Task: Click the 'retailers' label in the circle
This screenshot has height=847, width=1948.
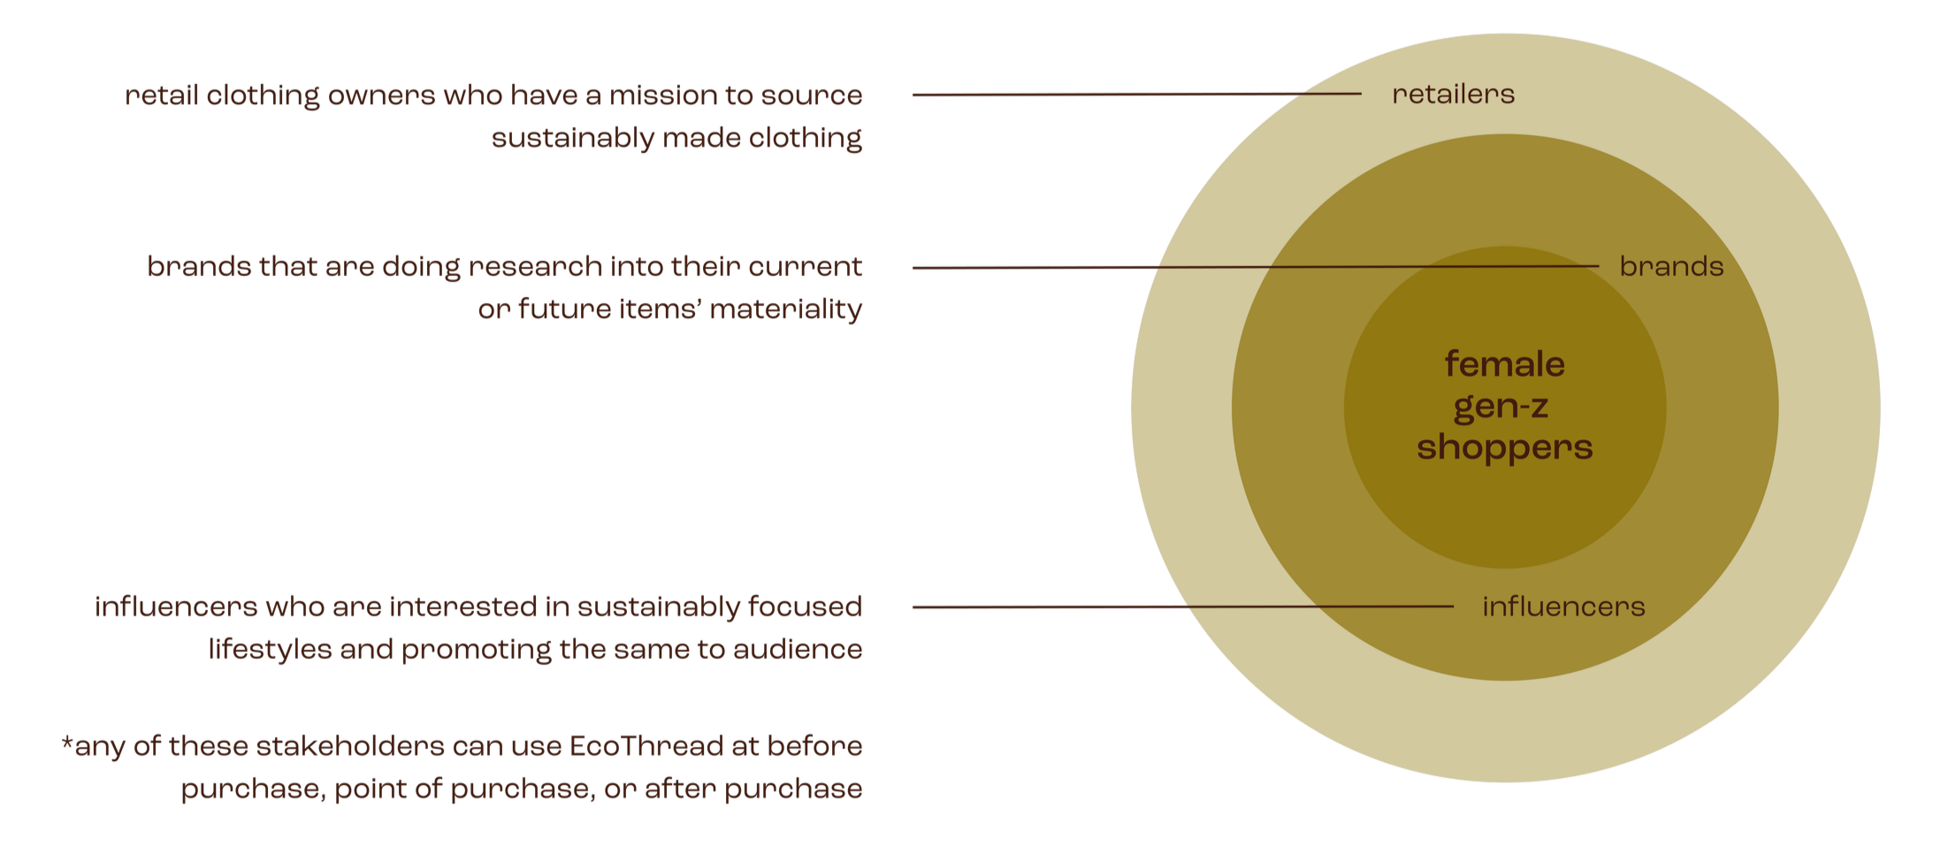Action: pyautogui.click(x=1453, y=95)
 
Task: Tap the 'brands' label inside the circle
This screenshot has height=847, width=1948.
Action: pyautogui.click(x=1671, y=267)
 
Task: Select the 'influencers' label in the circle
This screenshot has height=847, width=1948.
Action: pyautogui.click(x=1563, y=607)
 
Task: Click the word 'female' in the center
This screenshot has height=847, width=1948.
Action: pyautogui.click(x=1504, y=364)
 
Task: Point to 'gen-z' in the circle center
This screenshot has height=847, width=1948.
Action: pyautogui.click(x=1501, y=407)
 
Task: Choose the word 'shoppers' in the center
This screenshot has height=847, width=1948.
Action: pyautogui.click(x=1504, y=447)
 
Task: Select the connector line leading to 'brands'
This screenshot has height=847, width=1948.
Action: pyautogui.click(x=1256, y=267)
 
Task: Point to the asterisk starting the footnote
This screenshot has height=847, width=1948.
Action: pyautogui.click(x=66, y=743)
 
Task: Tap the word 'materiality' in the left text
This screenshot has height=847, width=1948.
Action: pyautogui.click(x=785, y=309)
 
